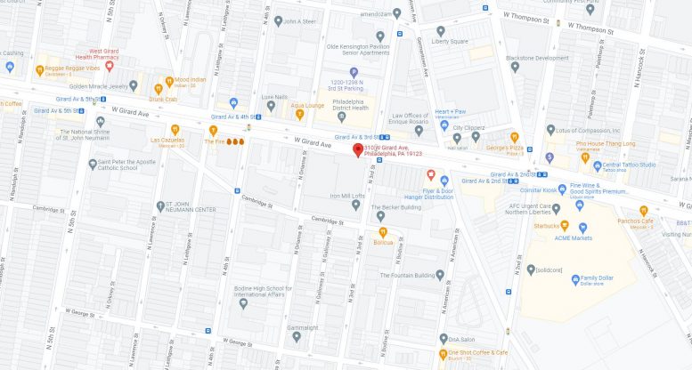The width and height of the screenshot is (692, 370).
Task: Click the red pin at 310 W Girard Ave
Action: click(x=358, y=149)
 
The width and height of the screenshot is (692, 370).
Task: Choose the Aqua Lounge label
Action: click(x=308, y=106)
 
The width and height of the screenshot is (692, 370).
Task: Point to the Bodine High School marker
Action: click(x=243, y=303)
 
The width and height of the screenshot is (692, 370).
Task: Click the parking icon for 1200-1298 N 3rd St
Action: click(x=354, y=73)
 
